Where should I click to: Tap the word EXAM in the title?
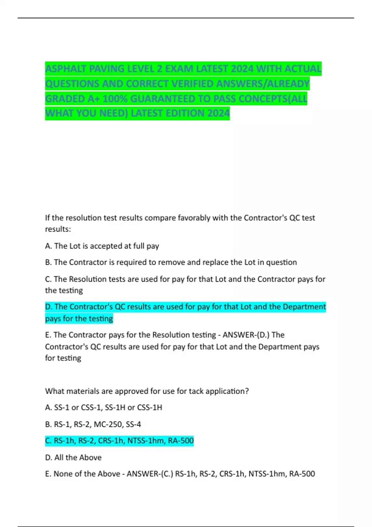[x=179, y=69]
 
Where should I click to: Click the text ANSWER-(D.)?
[x=246, y=335]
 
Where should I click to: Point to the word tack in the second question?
[x=196, y=391]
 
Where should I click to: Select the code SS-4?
[x=133, y=424]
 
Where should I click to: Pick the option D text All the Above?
[x=78, y=458]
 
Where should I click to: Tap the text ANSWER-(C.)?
[x=150, y=474]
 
